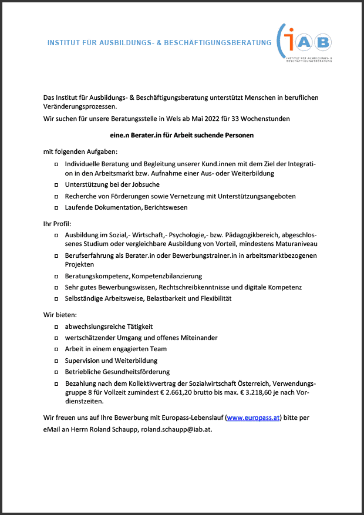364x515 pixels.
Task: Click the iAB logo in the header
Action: click(x=306, y=42)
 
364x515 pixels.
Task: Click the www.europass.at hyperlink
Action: click(x=253, y=418)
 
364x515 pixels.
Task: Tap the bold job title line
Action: click(x=181, y=135)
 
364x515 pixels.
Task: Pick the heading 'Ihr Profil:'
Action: click(x=58, y=224)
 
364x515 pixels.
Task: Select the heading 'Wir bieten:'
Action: click(x=60, y=315)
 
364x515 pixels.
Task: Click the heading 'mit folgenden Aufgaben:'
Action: click(x=76, y=152)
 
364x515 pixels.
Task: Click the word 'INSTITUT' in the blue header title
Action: click(x=64, y=43)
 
